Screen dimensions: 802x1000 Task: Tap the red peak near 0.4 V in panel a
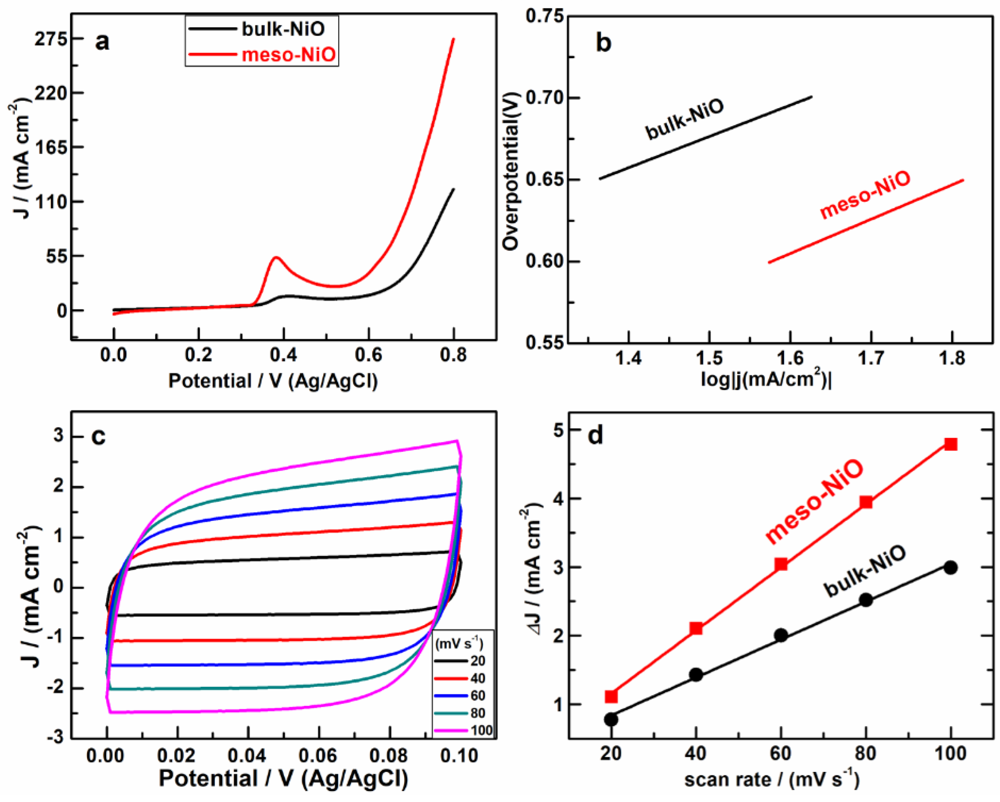(x=276, y=257)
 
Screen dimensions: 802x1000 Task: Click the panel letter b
(x=603, y=43)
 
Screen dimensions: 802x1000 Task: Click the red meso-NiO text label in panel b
(x=865, y=195)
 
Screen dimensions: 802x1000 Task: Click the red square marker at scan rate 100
(x=951, y=444)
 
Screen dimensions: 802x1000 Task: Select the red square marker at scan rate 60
(x=781, y=565)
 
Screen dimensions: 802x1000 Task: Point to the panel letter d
(x=595, y=436)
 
